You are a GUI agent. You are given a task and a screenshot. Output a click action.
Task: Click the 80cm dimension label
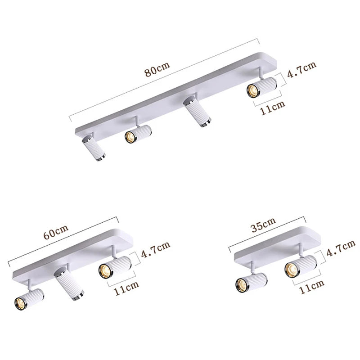point(157,69)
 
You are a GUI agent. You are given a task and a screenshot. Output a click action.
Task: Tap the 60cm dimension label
point(56,232)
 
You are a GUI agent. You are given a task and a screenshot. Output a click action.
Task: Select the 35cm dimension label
point(263,225)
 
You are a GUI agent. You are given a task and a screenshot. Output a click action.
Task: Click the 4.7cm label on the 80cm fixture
point(301,70)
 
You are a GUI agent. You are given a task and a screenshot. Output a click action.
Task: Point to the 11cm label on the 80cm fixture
point(273,108)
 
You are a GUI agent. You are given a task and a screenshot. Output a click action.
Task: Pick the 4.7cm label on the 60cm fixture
point(156,249)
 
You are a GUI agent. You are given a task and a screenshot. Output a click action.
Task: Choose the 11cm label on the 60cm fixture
point(126,288)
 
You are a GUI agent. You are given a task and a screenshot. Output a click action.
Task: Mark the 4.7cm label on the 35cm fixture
point(341,248)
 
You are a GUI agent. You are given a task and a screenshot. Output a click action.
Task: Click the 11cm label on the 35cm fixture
point(312,286)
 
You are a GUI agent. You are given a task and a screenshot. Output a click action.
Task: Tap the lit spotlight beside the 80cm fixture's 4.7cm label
point(262,87)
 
